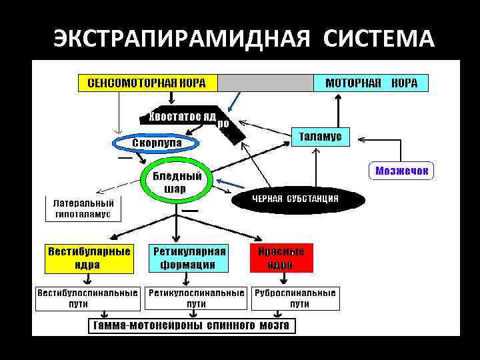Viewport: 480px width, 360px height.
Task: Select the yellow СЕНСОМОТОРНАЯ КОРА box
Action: click(x=147, y=83)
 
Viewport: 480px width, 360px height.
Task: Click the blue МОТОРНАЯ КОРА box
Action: click(x=371, y=83)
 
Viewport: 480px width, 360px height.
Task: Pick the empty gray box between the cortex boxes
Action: click(x=266, y=83)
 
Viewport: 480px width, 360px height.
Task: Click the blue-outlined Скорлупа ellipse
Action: click(x=156, y=143)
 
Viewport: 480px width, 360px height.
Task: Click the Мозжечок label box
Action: click(x=401, y=171)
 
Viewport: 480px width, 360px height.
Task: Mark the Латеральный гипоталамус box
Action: click(x=83, y=209)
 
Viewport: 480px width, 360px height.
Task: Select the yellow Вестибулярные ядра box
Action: click(x=88, y=258)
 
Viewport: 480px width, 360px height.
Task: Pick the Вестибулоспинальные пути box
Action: click(x=87, y=299)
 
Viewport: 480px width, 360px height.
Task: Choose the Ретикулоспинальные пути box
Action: click(x=196, y=299)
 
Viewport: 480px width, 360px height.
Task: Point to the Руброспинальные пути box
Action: click(x=295, y=299)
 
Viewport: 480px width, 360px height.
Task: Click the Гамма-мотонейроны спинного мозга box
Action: click(x=192, y=326)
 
